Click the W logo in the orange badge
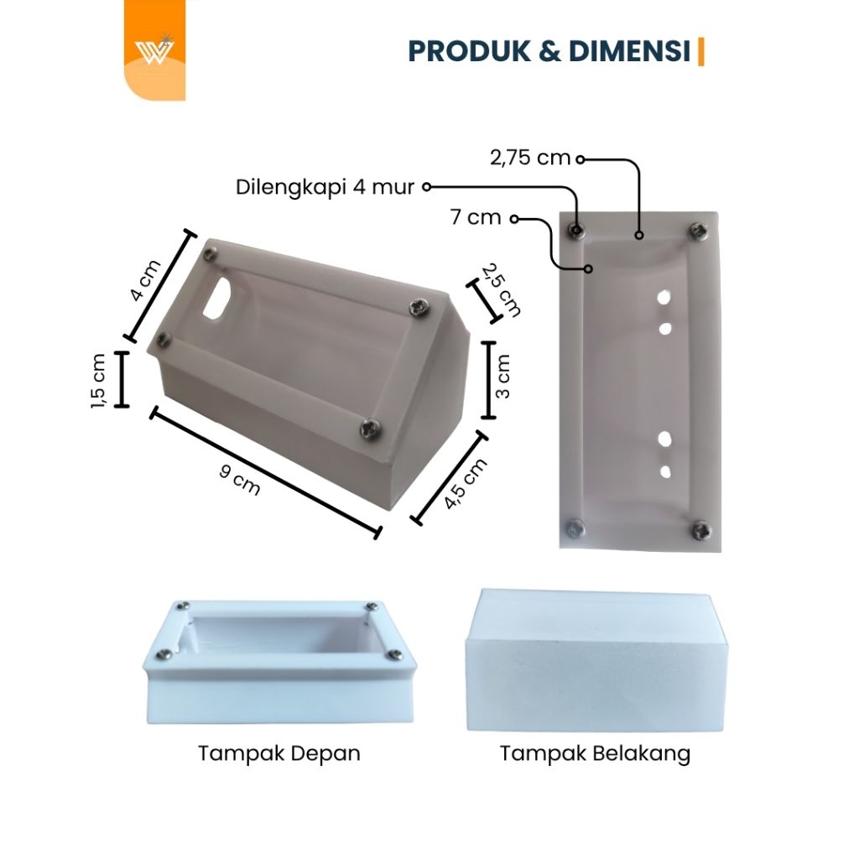click(x=154, y=50)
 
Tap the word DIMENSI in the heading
click(x=629, y=51)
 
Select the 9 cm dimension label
click(x=239, y=479)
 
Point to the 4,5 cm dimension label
click(x=465, y=483)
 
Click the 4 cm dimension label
click(x=145, y=280)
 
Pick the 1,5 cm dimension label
click(x=98, y=381)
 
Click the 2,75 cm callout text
click(x=530, y=158)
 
